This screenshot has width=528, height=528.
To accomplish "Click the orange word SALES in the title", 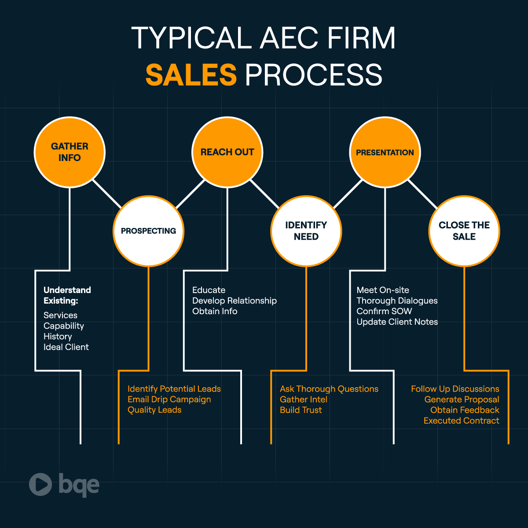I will pyautogui.click(x=191, y=74).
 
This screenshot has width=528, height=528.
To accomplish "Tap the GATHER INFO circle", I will pyautogui.click(x=70, y=152).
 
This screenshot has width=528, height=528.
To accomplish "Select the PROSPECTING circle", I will pyautogui.click(x=148, y=231).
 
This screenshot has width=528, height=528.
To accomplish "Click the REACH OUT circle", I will pyautogui.click(x=227, y=152).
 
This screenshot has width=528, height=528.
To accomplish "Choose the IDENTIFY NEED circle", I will pyautogui.click(x=306, y=231).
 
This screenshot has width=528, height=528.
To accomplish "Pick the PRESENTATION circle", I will pyautogui.click(x=385, y=152).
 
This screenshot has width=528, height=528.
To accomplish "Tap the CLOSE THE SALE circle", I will pyautogui.click(x=464, y=231).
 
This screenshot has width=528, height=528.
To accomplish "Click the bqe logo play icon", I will pyautogui.click(x=40, y=484).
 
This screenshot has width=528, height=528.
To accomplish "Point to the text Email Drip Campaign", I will pyautogui.click(x=169, y=400).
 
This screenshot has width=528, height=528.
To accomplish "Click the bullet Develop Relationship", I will pyautogui.click(x=235, y=301).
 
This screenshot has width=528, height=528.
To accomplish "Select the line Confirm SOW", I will pyautogui.click(x=384, y=311).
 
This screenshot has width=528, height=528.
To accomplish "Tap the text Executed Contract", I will pyautogui.click(x=461, y=421).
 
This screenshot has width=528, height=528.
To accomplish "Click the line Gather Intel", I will pyautogui.click(x=304, y=400).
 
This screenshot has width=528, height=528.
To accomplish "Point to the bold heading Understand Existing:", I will pyautogui.click(x=67, y=295).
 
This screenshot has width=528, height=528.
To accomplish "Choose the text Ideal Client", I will pyautogui.click(x=66, y=347).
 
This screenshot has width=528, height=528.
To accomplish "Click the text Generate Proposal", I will pyautogui.click(x=462, y=400).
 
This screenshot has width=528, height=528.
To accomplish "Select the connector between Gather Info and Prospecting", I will pyautogui.click(x=107, y=194).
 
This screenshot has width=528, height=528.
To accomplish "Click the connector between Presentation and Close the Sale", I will pyautogui.click(x=422, y=194).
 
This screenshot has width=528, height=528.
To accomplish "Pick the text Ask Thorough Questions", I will pyautogui.click(x=329, y=389).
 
